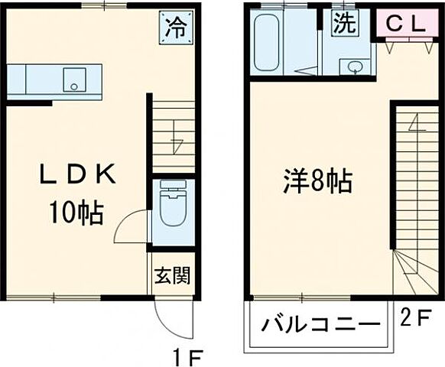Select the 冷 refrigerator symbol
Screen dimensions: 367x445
tap(176, 28)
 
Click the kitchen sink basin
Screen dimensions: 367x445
tap(74, 79)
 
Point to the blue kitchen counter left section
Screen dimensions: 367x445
tap(17, 79)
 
